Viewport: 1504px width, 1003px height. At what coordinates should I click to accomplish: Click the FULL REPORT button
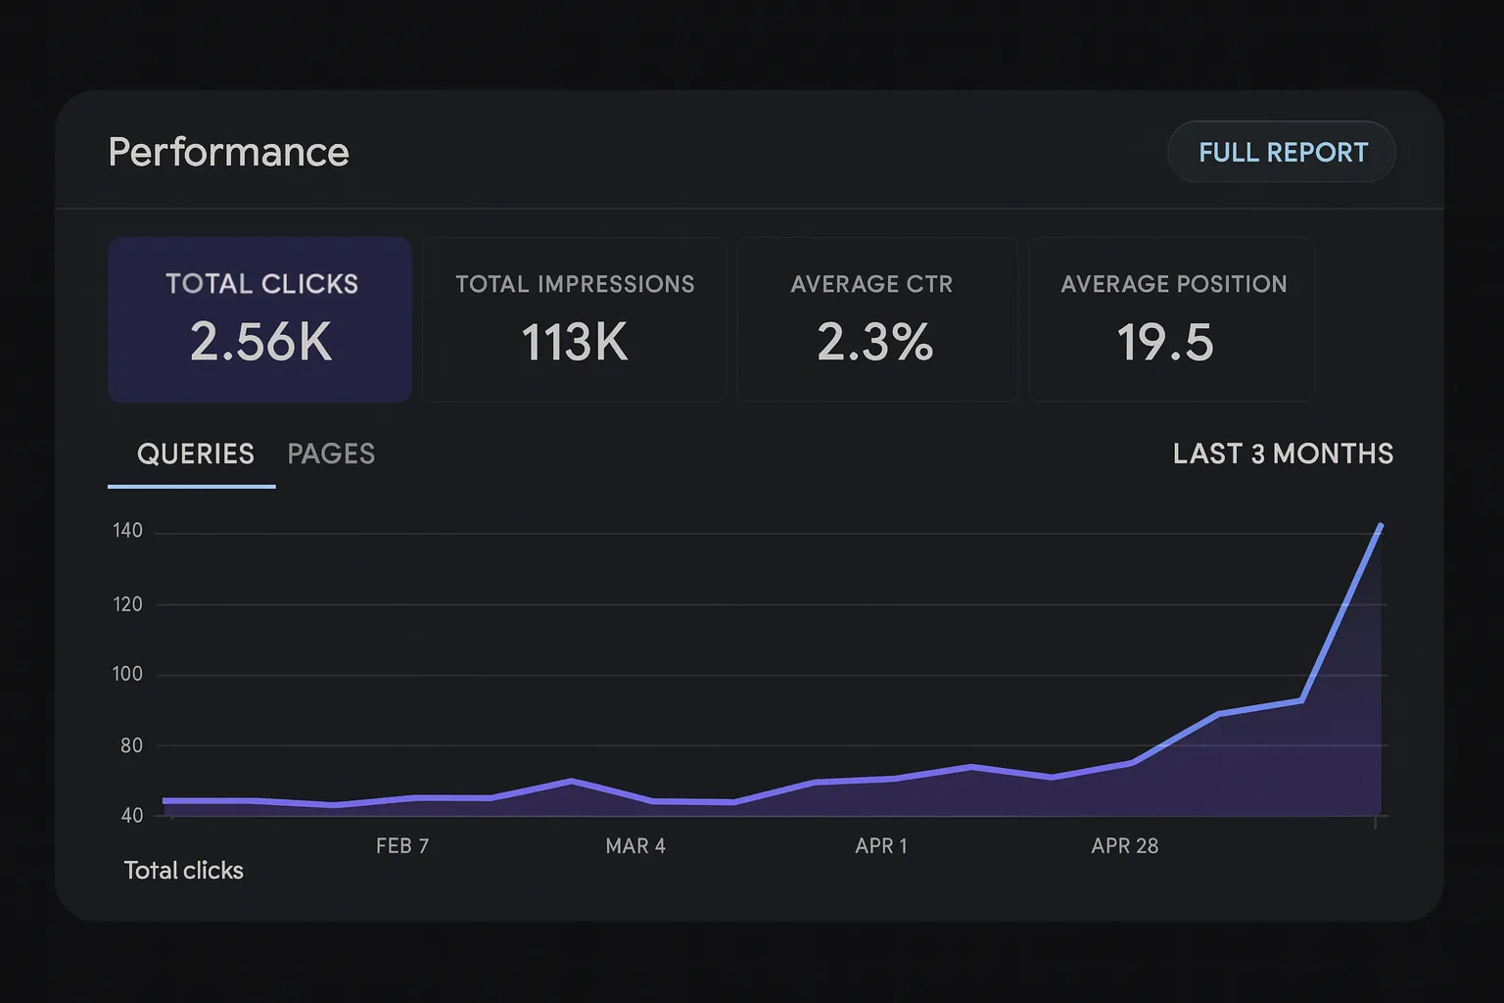pos(1282,152)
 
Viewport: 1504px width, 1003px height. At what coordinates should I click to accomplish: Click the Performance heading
pos(228,152)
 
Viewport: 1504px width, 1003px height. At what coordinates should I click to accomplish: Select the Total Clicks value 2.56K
pos(260,342)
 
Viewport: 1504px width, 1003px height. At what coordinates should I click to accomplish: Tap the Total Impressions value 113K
pos(574,343)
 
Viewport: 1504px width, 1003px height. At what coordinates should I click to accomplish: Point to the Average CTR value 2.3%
pos(874,342)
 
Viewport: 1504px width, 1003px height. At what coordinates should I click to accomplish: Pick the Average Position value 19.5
pos(1165,343)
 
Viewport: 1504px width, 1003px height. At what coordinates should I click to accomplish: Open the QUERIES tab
pos(195,454)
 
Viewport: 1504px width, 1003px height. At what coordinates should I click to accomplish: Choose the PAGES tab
pos(331,454)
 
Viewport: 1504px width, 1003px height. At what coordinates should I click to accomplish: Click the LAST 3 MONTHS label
pos(1283,454)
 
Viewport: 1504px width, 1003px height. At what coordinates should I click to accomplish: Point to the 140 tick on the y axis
pos(127,531)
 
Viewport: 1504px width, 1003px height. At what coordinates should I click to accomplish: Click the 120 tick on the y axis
pos(127,604)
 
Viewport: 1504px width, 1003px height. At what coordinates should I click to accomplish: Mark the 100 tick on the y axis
pos(127,674)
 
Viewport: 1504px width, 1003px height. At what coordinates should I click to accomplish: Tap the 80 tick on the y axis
pos(131,745)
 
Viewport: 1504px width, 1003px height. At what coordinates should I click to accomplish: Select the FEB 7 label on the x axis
pos(402,846)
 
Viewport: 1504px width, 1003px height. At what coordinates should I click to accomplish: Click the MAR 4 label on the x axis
pos(635,846)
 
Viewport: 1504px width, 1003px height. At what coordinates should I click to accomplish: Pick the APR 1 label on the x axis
pos(881,846)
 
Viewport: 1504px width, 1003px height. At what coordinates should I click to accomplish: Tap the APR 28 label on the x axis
pos(1125,846)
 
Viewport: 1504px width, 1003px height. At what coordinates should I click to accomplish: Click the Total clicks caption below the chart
pos(183,871)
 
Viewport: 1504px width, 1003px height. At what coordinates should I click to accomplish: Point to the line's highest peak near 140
pos(1381,526)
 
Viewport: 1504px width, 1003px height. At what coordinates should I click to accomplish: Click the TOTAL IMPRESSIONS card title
pos(575,284)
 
